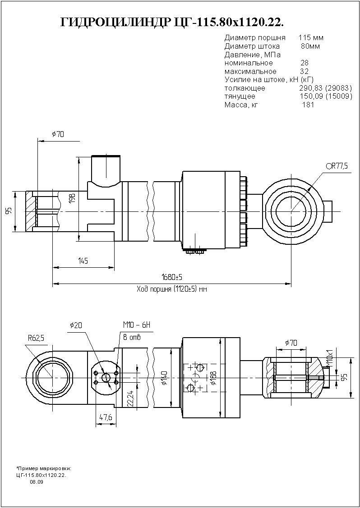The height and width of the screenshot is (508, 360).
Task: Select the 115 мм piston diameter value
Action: click(x=311, y=37)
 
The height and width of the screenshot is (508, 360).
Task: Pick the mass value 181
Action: click(x=308, y=105)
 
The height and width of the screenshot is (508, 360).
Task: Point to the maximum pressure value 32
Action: click(x=304, y=71)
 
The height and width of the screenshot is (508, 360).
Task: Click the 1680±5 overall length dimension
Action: click(x=172, y=276)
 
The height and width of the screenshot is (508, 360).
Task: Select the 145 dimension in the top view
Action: click(x=82, y=261)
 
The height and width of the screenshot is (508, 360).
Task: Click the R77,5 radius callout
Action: click(x=337, y=166)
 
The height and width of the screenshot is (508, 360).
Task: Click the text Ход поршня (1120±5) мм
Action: click(x=171, y=289)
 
